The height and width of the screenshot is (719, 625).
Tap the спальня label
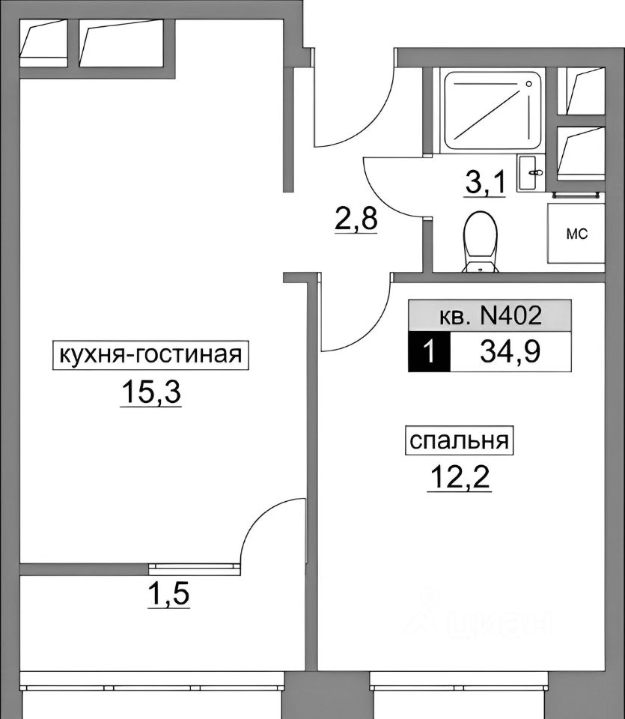point(460,441)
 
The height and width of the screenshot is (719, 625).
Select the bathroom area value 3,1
point(485,182)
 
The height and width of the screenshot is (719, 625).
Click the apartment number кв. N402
point(490,315)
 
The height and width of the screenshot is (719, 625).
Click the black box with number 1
point(429,353)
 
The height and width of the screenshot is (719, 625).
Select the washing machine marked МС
point(576,234)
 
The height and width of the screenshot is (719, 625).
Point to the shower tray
point(494,110)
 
